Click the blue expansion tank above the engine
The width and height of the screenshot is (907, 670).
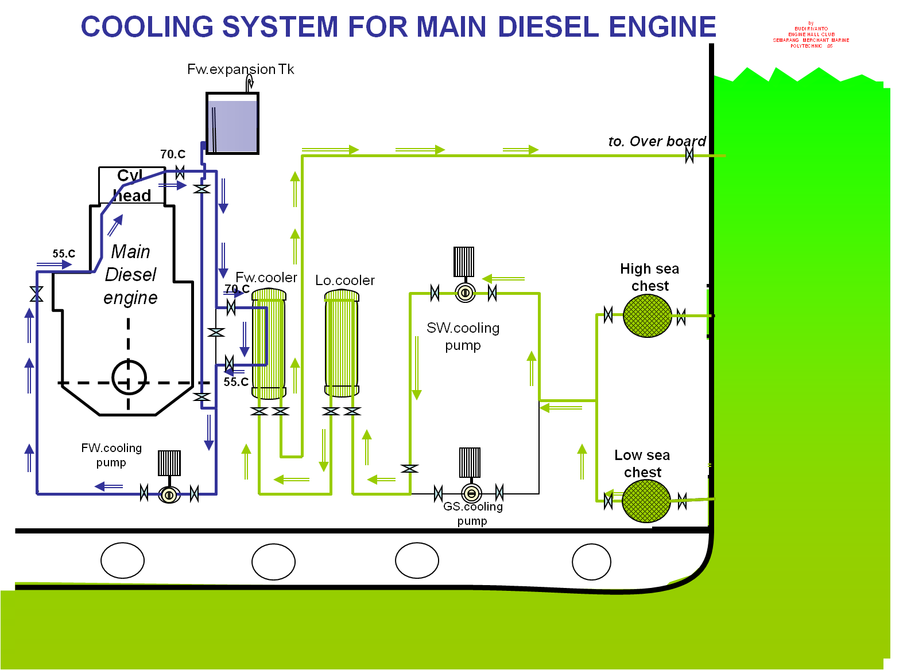tap(232, 126)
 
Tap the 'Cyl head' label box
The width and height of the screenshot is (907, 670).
tap(132, 186)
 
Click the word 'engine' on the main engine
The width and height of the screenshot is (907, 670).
tap(130, 298)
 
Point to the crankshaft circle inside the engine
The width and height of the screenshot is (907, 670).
tap(129, 377)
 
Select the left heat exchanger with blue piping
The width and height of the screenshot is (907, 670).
tap(269, 344)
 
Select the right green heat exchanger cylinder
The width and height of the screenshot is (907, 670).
tap(342, 343)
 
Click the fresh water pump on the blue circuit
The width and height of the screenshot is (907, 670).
tap(169, 494)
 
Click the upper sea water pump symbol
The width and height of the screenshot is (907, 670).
tap(465, 293)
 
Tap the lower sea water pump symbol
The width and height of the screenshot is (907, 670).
tap(471, 493)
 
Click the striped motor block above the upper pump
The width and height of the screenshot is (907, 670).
tap(464, 262)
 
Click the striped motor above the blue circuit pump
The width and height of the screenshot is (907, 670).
tap(169, 463)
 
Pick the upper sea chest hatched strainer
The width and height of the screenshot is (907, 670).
tap(648, 315)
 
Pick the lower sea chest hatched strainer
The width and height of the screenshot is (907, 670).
tap(646, 501)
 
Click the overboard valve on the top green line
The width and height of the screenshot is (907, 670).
tap(689, 155)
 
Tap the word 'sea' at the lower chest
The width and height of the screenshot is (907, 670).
tap(658, 455)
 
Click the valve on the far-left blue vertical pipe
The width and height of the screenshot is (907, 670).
tap(37, 294)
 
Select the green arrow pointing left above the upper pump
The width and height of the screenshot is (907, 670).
tap(503, 279)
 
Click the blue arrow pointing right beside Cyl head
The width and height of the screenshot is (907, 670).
tap(173, 185)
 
